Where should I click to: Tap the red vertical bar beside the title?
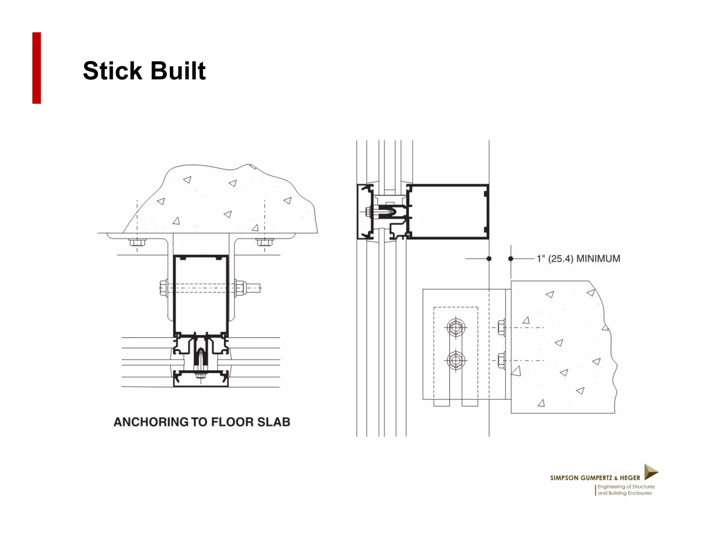pyautogui.click(x=37, y=68)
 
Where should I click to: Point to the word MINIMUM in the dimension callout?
pyautogui.click(x=598, y=259)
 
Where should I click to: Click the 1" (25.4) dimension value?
pyautogui.click(x=555, y=259)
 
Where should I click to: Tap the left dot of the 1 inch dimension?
pyautogui.click(x=489, y=258)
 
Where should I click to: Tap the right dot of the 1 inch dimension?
pyautogui.click(x=511, y=258)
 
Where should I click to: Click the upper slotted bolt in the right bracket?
pyautogui.click(x=456, y=328)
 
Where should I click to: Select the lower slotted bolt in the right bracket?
pyautogui.click(x=456, y=360)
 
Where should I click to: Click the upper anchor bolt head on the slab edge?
pyautogui.click(x=502, y=328)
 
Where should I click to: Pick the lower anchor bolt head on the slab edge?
pyautogui.click(x=502, y=360)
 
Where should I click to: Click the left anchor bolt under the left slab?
pyautogui.click(x=137, y=242)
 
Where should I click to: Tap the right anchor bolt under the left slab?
pyautogui.click(x=265, y=242)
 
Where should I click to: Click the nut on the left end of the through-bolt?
pyautogui.click(x=164, y=288)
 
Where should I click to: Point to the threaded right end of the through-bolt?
pyautogui.click(x=254, y=288)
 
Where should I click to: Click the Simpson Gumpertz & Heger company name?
pyautogui.click(x=595, y=478)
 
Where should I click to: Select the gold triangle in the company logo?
pyautogui.click(x=650, y=472)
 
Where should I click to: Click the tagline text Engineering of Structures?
pyautogui.click(x=626, y=487)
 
